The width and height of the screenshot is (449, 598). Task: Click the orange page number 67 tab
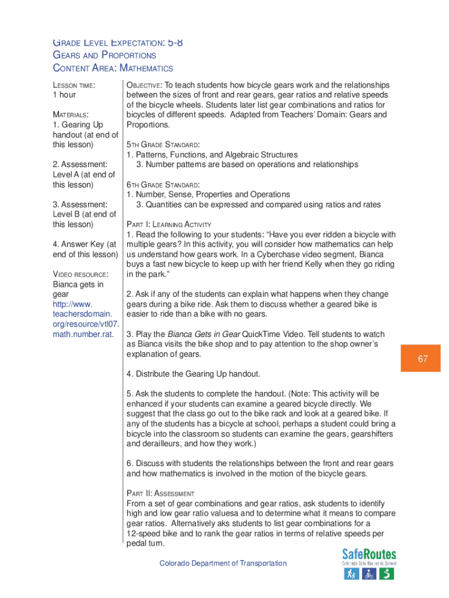(x=422, y=359)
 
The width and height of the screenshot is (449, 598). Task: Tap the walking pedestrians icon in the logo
(x=351, y=574)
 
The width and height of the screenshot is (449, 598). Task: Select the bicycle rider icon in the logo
(x=369, y=574)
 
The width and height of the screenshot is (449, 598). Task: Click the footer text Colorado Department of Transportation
(x=223, y=564)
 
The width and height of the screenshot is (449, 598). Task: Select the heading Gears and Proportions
(x=105, y=55)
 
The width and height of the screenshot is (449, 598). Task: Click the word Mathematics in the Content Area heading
(x=146, y=68)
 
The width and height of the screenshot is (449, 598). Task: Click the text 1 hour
(x=64, y=95)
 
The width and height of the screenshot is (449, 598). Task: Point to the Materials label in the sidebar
(x=71, y=114)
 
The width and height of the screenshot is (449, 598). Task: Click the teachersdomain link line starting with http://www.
(x=72, y=304)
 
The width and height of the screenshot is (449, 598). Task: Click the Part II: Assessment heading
(x=160, y=493)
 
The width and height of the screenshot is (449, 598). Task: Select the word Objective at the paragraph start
(x=143, y=85)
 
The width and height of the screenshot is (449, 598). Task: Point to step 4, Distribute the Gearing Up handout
(x=193, y=374)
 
